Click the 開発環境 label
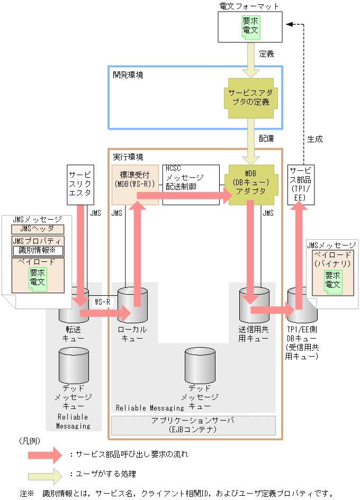tap(128, 75)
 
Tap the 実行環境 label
tap(128, 157)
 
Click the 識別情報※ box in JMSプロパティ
tap(38, 250)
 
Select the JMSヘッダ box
tap(37, 229)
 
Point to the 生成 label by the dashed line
tap(314, 139)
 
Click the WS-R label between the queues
tap(102, 302)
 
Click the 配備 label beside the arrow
tap(266, 137)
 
